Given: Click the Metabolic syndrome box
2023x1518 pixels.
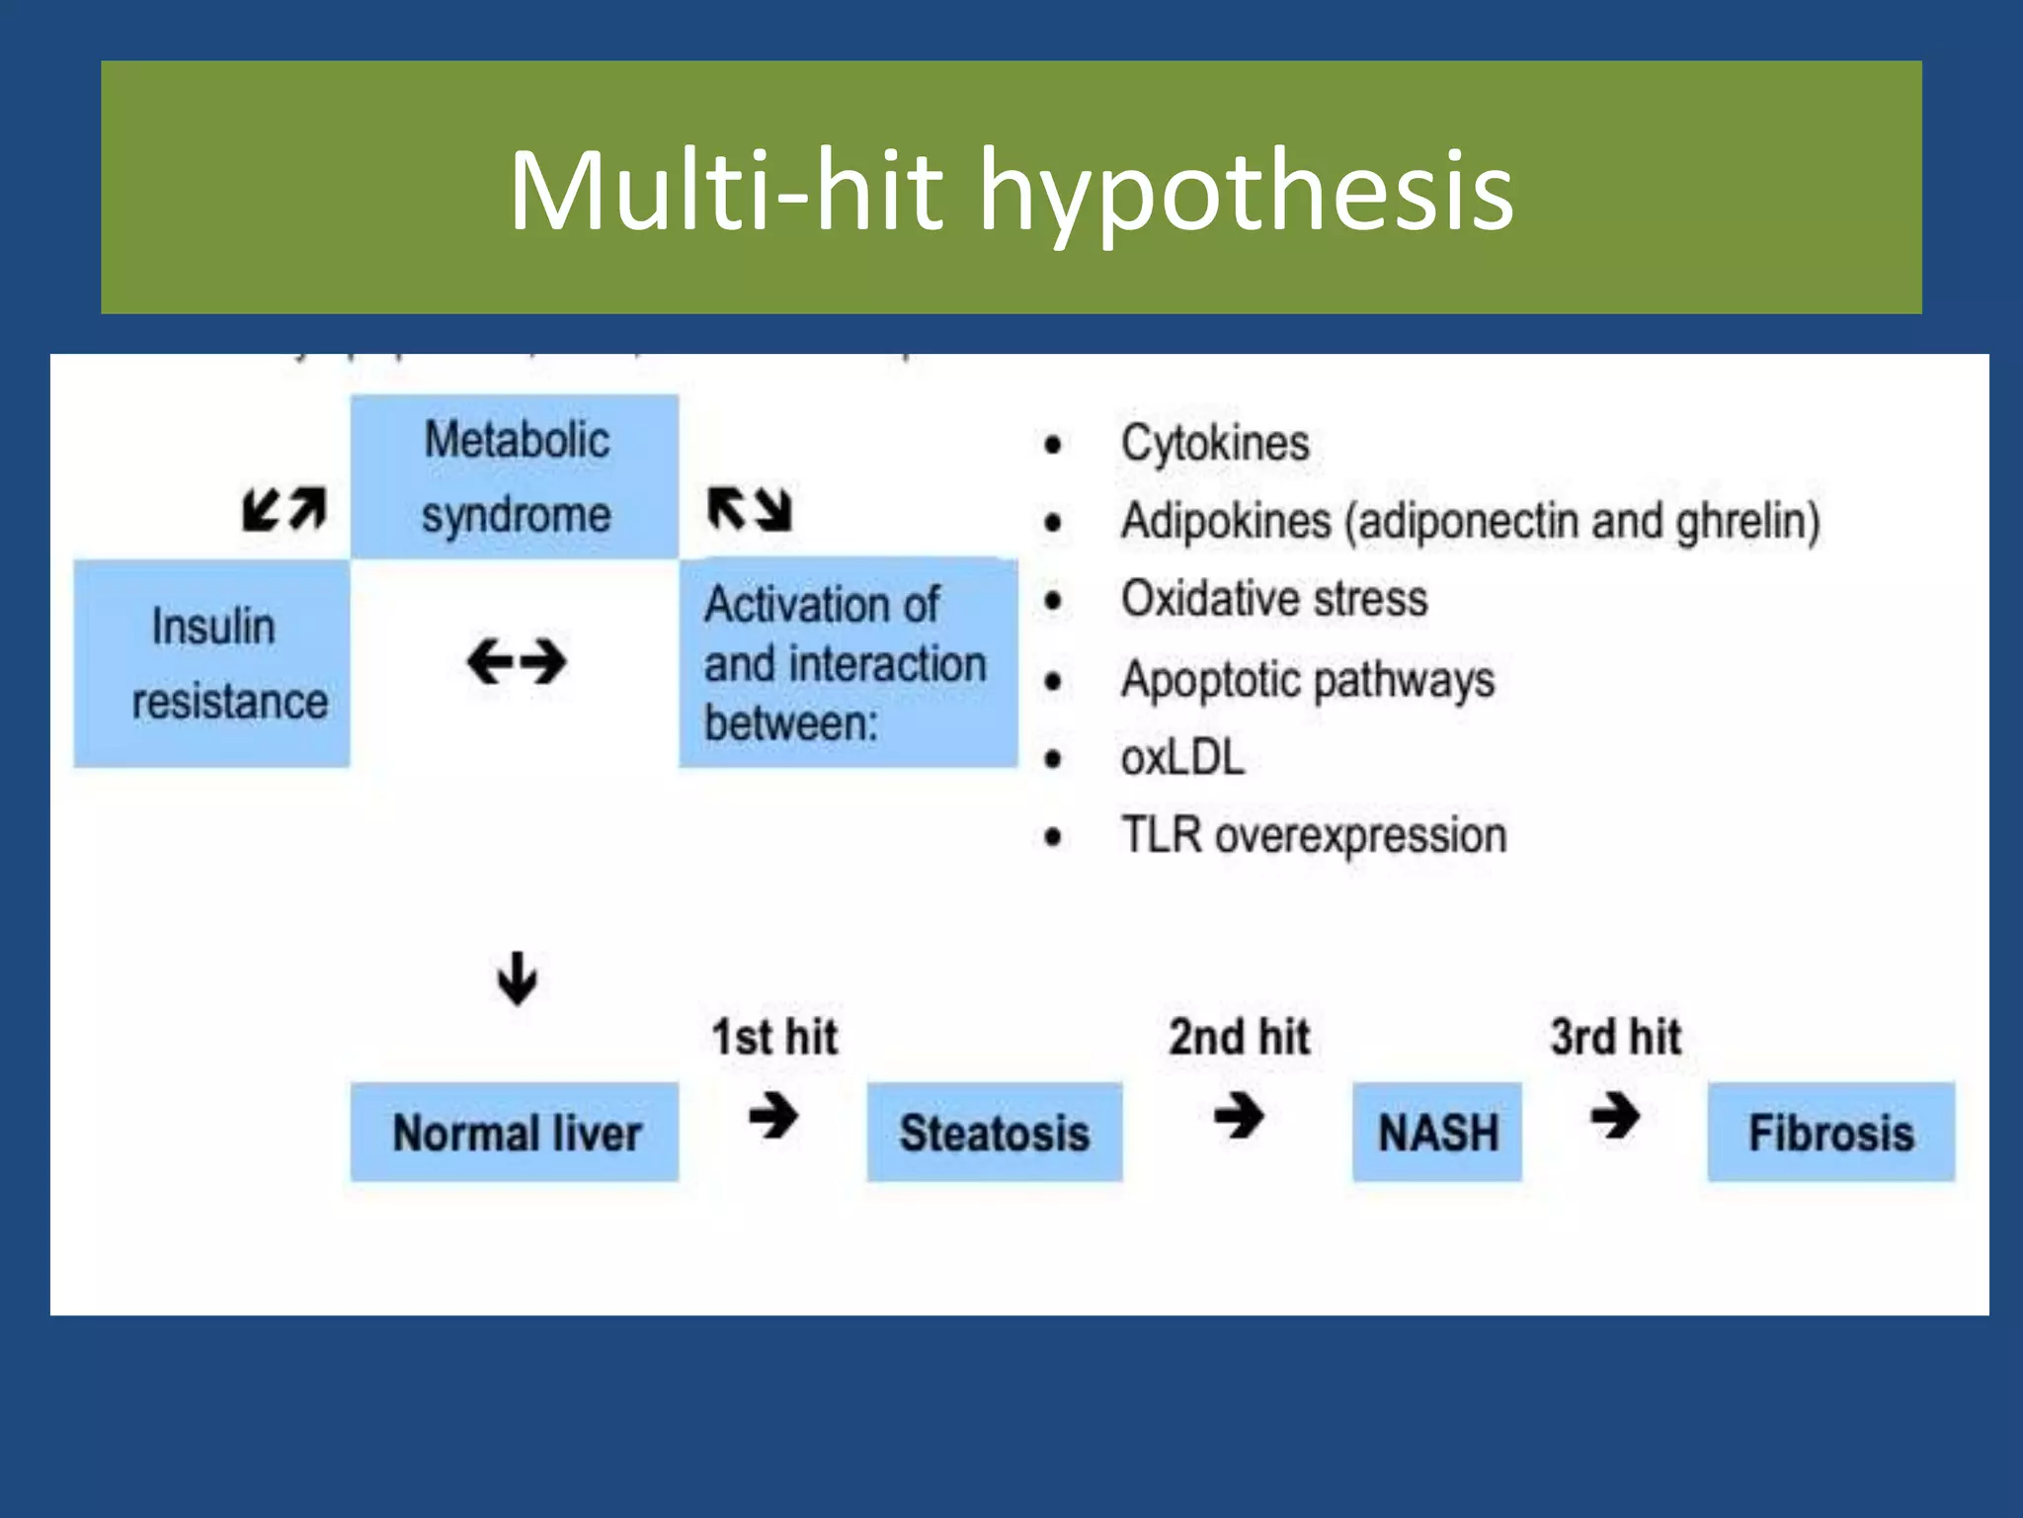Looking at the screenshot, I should coord(515,477).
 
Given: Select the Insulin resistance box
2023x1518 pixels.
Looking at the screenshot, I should coord(212,663).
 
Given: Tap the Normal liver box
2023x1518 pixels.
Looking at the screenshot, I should coord(515,1133).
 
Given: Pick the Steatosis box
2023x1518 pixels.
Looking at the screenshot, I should coord(994,1133).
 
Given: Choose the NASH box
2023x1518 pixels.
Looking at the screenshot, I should coord(1437,1133).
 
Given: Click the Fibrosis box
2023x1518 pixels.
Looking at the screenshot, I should coord(1830,1133).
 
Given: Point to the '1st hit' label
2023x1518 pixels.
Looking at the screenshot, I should coord(774,1037).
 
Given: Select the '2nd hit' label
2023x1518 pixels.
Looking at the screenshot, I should coord(1239,1037).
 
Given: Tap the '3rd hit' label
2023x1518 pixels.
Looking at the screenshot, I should coord(1615,1037).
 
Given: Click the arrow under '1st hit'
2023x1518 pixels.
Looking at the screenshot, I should coord(773,1117).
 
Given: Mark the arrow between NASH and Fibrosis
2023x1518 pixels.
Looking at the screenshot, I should coord(1615,1117).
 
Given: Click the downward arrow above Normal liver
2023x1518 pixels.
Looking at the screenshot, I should coord(517,978).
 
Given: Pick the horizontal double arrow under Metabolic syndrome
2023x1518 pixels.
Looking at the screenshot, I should coord(517,661).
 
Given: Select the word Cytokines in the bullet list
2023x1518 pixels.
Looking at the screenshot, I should coord(1214,443).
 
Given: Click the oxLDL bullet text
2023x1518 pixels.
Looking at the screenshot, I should coord(1182,758).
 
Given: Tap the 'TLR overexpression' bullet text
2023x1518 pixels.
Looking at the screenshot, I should coord(1314,836).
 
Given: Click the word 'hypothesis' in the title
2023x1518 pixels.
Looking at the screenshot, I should coord(1246,190).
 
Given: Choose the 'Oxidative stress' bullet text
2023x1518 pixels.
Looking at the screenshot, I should coord(1274,599).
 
